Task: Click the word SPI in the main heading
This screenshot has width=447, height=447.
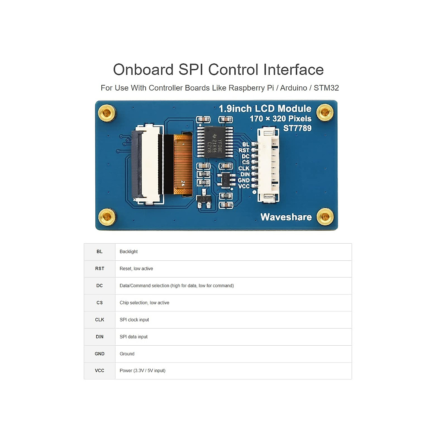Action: (191, 70)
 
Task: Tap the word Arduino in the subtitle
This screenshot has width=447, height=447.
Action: (294, 88)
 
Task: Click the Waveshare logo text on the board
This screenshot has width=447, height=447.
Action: (286, 217)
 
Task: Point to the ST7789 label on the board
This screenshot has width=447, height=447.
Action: (297, 128)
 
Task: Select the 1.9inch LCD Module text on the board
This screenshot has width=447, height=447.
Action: (265, 108)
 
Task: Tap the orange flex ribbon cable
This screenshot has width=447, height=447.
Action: (183, 165)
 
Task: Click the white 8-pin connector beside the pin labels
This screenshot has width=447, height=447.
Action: (268, 165)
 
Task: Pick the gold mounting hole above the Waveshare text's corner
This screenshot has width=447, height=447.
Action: (325, 217)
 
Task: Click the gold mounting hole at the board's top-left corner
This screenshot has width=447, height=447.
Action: (107, 112)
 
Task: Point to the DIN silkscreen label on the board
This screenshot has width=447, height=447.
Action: (245, 174)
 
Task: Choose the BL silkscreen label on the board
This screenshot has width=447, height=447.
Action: (245, 145)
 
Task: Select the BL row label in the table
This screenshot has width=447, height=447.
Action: (99, 252)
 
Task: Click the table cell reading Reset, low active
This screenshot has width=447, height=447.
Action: (136, 269)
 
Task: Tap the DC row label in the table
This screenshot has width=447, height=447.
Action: (99, 286)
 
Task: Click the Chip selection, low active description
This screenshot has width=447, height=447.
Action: (145, 303)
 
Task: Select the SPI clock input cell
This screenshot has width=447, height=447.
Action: (134, 320)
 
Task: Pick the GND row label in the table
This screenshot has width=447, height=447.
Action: (99, 354)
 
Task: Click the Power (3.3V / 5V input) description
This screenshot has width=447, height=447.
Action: (142, 371)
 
